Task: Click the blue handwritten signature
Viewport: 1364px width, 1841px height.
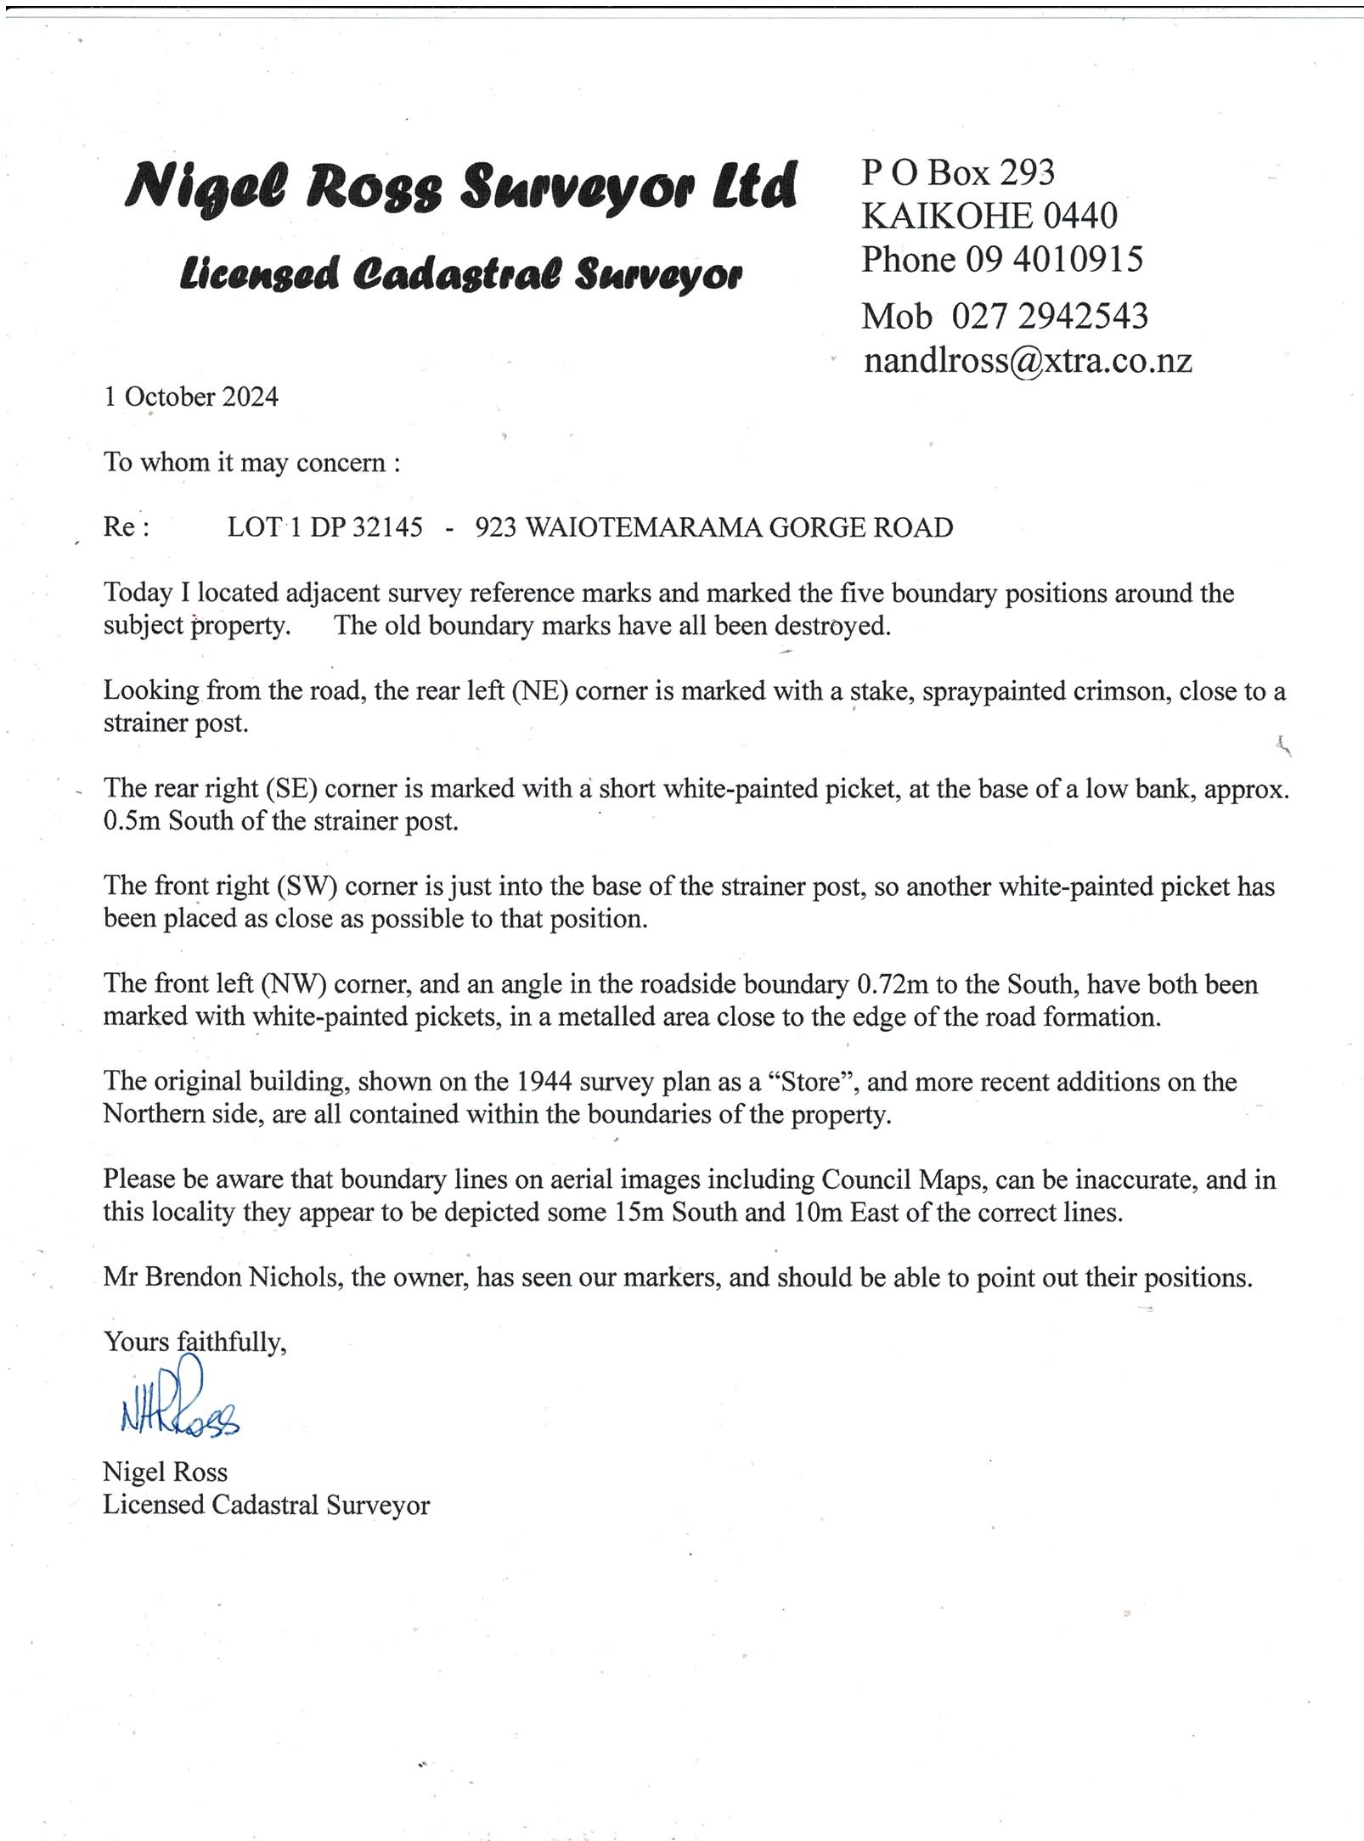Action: pos(178,1402)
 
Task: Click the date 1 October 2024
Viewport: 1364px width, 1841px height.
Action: pos(191,397)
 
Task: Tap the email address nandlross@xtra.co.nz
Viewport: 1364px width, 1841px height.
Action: pos(1027,361)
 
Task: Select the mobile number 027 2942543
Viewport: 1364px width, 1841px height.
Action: pos(1049,317)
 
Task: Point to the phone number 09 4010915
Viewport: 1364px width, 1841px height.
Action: pos(1054,260)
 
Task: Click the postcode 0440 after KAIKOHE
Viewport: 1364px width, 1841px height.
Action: pos(1079,217)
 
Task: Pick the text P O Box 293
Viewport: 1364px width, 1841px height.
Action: pos(958,173)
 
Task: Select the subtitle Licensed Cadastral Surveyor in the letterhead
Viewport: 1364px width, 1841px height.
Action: pos(461,273)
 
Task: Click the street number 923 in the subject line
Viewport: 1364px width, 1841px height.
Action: pos(496,528)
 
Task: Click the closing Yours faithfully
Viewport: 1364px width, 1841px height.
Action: pos(194,1342)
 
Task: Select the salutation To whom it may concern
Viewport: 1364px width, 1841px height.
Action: pos(251,463)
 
